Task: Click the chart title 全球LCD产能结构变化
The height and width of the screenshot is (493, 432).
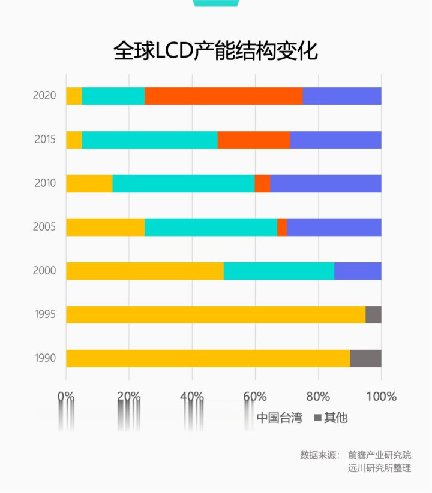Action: point(216,52)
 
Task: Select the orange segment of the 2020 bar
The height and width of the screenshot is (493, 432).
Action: point(223,96)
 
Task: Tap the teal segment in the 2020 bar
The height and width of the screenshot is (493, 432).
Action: point(113,96)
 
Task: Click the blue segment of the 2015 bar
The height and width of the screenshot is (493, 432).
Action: point(335,140)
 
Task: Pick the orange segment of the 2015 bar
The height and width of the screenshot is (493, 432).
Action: point(253,140)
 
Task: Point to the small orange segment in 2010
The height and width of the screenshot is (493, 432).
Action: point(262,183)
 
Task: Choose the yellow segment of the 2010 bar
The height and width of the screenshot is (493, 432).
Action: point(89,183)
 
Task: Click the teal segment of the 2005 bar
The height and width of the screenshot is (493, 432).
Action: point(211,227)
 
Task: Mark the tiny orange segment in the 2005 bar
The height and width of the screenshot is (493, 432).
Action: point(282,227)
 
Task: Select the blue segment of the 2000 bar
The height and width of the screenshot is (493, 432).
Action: point(358,271)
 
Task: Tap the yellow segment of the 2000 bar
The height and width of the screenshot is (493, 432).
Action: point(145,271)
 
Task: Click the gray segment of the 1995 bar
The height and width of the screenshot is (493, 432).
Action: point(373,314)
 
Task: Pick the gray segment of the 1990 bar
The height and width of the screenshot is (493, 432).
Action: point(365,358)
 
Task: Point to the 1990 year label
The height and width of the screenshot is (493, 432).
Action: point(45,358)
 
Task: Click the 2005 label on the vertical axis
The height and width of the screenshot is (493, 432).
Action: point(45,227)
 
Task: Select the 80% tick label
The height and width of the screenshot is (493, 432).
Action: point(318,397)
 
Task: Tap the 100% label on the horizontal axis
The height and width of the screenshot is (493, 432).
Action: point(381,397)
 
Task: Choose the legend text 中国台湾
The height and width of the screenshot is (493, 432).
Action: point(279,418)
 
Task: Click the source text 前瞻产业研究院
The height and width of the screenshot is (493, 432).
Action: point(380,455)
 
